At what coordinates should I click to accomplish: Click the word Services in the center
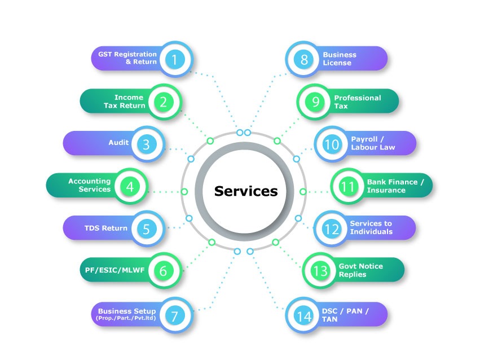(246, 191)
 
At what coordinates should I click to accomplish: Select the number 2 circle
(163, 102)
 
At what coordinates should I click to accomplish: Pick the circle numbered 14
(304, 316)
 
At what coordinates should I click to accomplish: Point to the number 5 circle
(146, 229)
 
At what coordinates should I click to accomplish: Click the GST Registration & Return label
(127, 58)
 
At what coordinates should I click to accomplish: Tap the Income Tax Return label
(125, 102)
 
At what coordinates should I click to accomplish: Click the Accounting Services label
(90, 186)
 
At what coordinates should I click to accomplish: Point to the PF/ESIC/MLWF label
(111, 270)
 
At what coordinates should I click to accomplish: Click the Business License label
(340, 59)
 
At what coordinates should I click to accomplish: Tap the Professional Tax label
(358, 102)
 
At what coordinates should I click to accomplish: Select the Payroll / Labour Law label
(373, 143)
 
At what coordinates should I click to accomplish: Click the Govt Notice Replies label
(360, 270)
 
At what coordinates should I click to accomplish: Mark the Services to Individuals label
(371, 227)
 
